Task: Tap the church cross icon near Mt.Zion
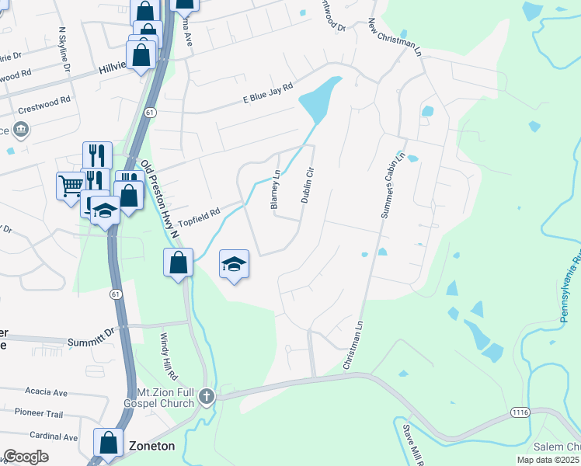207,397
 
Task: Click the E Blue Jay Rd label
268,93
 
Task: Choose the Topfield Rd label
200,217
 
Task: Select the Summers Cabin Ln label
391,186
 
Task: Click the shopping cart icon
71,185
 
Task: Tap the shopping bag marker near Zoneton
109,443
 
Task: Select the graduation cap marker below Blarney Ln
234,264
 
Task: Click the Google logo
26,457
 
